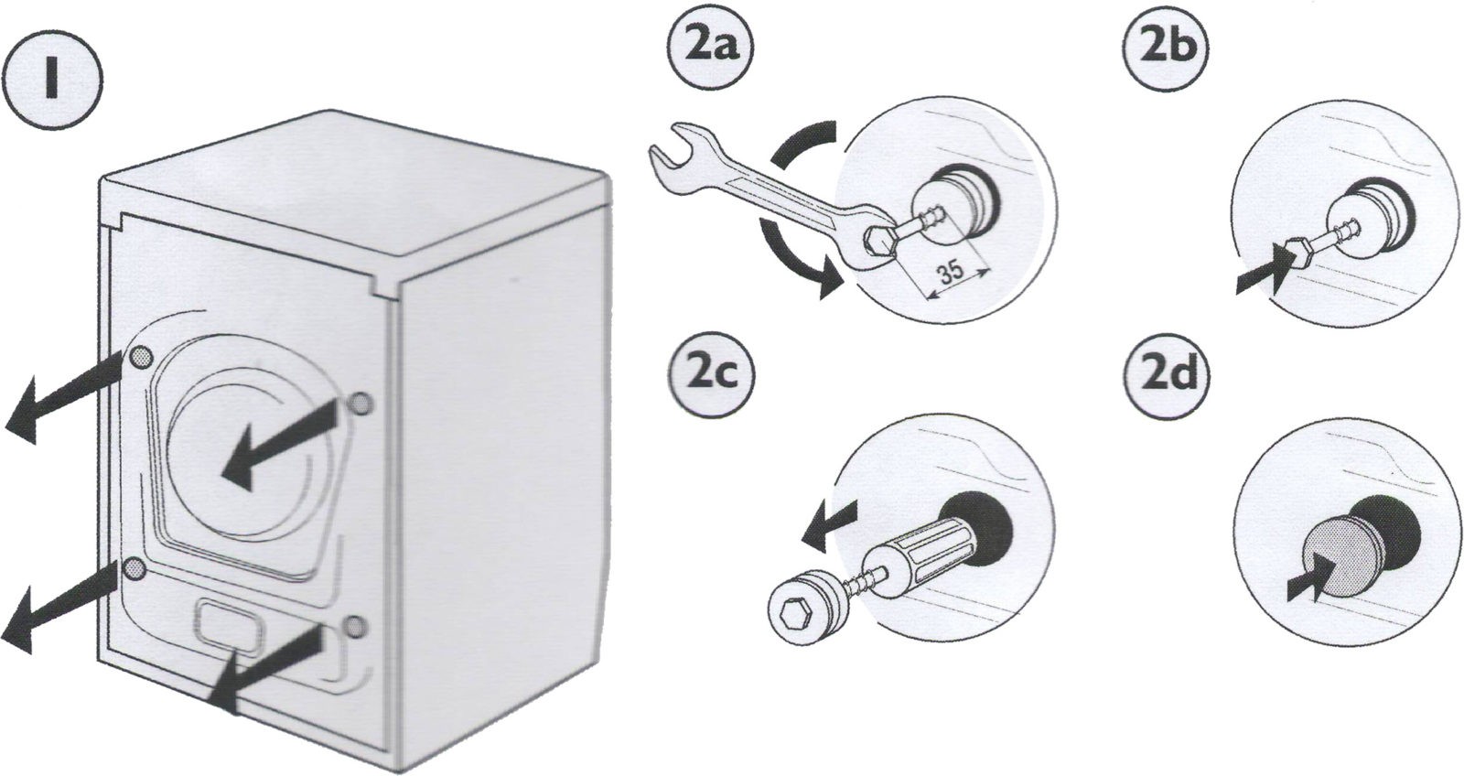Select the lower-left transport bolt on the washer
pos(135,568)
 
